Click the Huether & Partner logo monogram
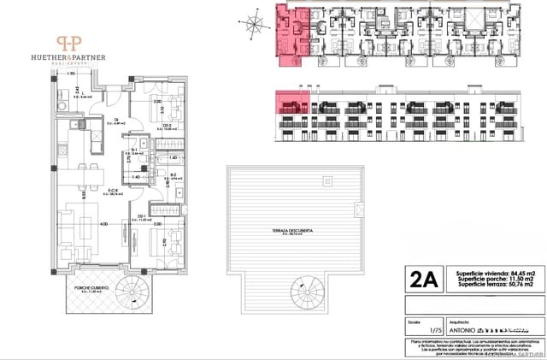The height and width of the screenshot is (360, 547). coord(70,42)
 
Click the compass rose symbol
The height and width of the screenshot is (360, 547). coord(250,23)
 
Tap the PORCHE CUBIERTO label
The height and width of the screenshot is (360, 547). coord(90,288)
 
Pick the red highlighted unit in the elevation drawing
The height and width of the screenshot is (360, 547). coord(290,106)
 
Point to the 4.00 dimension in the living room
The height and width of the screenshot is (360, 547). coord(103,224)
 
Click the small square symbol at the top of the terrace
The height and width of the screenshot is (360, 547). coord(327,181)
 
